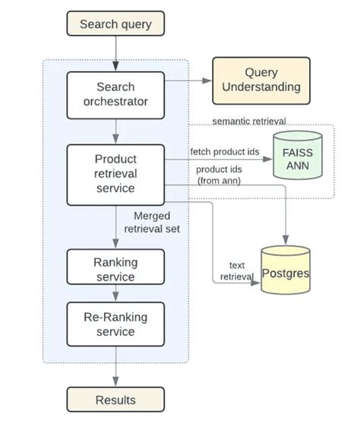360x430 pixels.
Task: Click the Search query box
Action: pyautogui.click(x=115, y=24)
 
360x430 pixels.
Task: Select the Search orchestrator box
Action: pyautogui.click(x=115, y=95)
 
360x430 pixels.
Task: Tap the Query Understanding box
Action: pyautogui.click(x=261, y=80)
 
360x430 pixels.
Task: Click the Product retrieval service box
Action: pyautogui.click(x=115, y=174)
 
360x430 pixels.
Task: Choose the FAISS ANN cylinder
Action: pyautogui.click(x=297, y=156)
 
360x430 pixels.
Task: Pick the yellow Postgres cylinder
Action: pyautogui.click(x=285, y=271)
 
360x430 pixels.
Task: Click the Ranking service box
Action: pyautogui.click(x=115, y=269)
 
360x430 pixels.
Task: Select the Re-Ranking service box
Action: pyautogui.click(x=115, y=324)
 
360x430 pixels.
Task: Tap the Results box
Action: pyautogui.click(x=115, y=400)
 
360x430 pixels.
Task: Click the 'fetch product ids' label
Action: pyautogui.click(x=225, y=151)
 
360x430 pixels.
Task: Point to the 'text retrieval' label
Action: pyautogui.click(x=236, y=270)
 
